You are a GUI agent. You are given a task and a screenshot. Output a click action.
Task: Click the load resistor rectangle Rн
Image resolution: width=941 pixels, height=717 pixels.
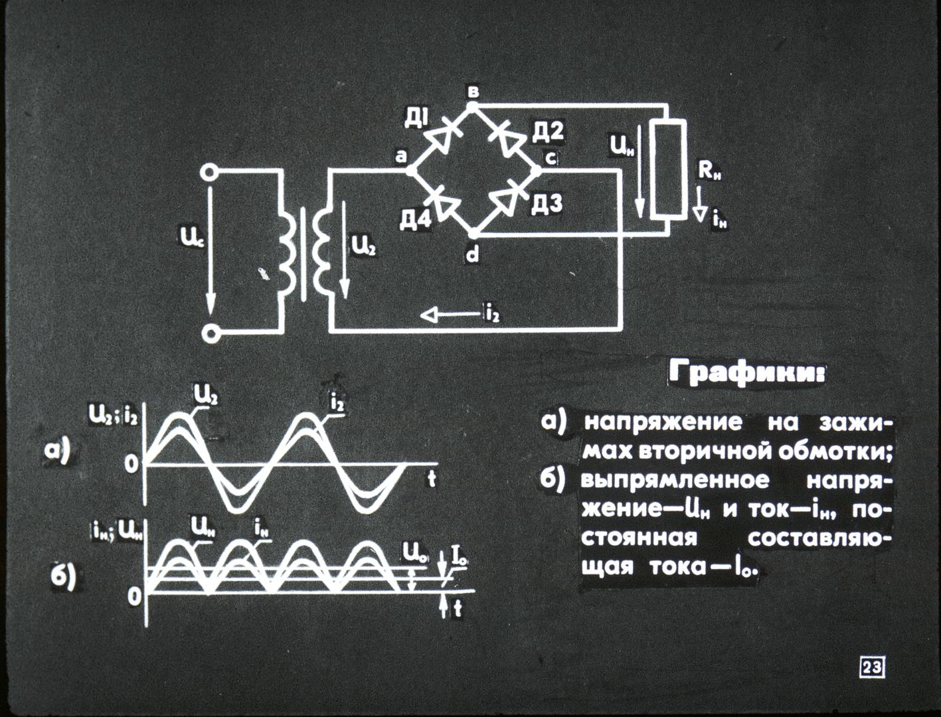click(668, 170)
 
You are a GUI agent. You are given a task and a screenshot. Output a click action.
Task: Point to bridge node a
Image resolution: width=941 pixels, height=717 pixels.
click(410, 171)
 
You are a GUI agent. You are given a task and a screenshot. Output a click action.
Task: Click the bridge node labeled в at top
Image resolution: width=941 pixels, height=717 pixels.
click(471, 106)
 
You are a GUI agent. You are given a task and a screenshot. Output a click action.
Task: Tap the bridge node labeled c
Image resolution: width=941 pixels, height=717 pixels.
click(536, 171)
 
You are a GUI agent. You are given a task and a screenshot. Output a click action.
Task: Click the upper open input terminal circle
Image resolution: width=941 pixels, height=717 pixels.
click(210, 173)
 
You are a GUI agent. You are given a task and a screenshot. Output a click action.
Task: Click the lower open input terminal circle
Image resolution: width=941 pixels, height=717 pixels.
click(210, 333)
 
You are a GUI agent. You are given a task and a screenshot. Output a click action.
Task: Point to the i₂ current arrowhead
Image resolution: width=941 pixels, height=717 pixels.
click(429, 316)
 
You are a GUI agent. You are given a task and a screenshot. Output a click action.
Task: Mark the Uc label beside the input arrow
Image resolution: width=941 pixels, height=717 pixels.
click(189, 241)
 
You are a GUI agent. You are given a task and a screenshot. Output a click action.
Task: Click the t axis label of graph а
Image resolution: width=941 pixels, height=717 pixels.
click(432, 479)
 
